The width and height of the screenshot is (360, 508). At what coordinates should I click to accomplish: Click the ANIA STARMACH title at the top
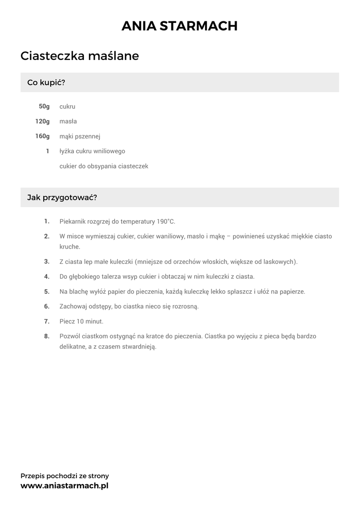pos(180,26)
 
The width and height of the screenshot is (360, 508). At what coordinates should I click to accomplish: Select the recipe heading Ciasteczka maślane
pos(79,56)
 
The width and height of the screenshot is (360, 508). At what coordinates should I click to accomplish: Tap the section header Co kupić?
pos(46,82)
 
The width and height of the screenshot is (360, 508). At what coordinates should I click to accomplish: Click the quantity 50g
pos(44,107)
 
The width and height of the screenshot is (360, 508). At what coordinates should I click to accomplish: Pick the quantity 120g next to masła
pos(43,122)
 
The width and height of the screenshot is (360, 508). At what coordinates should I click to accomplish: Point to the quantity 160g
pos(43,136)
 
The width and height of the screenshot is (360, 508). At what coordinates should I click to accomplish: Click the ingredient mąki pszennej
pos(80,136)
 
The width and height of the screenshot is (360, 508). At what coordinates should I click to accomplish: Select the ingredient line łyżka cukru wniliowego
pos(92,151)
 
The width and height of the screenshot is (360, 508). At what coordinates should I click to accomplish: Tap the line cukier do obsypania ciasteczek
pos(104,166)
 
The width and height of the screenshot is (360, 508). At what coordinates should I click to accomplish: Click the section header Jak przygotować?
pos(62,197)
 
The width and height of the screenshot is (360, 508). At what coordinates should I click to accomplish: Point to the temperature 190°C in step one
pos(166,222)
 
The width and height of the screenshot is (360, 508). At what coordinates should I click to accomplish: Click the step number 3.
pos(47,261)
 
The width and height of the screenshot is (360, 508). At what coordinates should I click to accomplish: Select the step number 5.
pos(47,292)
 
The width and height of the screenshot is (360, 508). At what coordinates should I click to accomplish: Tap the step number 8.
pos(47,336)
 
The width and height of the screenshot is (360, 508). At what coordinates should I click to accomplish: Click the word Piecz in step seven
pos(67,321)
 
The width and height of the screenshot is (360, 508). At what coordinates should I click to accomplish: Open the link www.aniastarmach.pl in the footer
pos(64,486)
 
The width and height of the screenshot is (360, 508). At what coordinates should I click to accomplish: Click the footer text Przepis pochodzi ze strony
pos(65,476)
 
